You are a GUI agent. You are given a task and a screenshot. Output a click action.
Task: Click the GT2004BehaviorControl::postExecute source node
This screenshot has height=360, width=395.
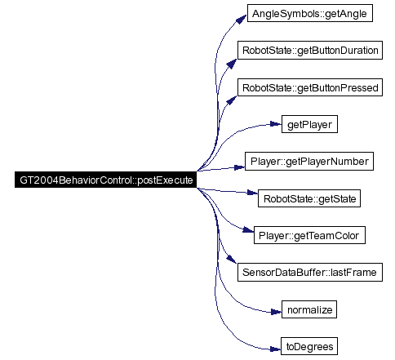click(x=105, y=180)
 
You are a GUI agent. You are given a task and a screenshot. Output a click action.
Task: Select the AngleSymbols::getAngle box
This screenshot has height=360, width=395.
click(x=310, y=13)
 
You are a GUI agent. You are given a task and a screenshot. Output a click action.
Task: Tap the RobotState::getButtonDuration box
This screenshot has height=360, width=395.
click(x=310, y=50)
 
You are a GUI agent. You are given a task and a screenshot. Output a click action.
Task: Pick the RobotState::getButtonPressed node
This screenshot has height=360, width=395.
click(x=310, y=87)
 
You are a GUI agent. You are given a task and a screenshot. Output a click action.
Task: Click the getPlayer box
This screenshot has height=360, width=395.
click(x=309, y=124)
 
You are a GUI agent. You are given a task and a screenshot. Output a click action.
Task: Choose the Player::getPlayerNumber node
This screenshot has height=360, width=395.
click(x=309, y=162)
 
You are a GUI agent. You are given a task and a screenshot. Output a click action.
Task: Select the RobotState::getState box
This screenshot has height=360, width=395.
click(x=309, y=198)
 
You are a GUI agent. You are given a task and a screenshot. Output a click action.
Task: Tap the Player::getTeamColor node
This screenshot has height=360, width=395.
click(x=309, y=235)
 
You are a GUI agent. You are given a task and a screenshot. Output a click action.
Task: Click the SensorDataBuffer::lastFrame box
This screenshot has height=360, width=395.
click(x=310, y=272)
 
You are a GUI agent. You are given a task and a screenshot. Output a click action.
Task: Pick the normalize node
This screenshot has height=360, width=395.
click(x=309, y=309)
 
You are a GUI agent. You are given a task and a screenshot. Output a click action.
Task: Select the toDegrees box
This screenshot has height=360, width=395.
click(x=309, y=346)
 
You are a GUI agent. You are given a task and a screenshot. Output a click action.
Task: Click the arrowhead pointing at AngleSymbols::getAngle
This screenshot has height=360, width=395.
click(x=242, y=19)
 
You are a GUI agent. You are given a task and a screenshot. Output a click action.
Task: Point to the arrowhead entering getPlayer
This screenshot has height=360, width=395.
click(x=276, y=124)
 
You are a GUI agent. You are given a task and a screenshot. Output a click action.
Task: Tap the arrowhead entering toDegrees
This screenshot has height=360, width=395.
click(x=276, y=349)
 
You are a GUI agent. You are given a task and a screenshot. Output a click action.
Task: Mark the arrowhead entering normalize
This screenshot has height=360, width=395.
click(x=276, y=312)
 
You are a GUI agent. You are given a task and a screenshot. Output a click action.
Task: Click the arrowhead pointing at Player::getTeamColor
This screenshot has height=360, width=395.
click(x=248, y=230)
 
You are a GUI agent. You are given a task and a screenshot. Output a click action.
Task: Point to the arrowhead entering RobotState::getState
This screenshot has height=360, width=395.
click(x=252, y=193)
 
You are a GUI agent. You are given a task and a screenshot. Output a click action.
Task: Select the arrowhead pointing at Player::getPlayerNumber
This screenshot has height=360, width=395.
click(x=240, y=167)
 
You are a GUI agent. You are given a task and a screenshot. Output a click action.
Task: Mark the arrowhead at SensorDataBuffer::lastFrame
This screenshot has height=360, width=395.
click(x=232, y=259)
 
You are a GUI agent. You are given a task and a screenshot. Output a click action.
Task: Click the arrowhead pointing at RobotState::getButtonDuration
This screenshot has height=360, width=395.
click(x=232, y=64)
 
